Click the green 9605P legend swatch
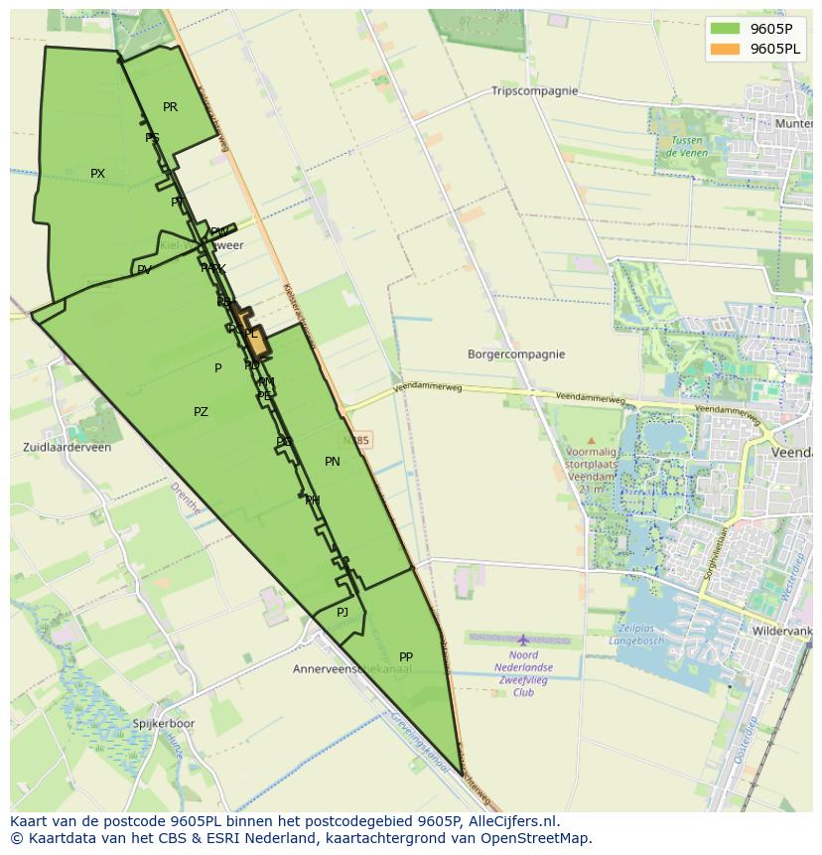point(725,29)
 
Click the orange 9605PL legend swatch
point(725,49)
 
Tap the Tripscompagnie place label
point(534,91)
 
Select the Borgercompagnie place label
point(515,355)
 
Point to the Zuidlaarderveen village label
point(67,448)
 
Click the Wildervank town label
point(782,631)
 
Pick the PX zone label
point(97,174)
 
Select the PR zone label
point(170,107)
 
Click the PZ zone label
point(201,412)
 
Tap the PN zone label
point(332,462)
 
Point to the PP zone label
point(405,657)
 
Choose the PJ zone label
point(342,613)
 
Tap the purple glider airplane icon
point(523,640)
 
